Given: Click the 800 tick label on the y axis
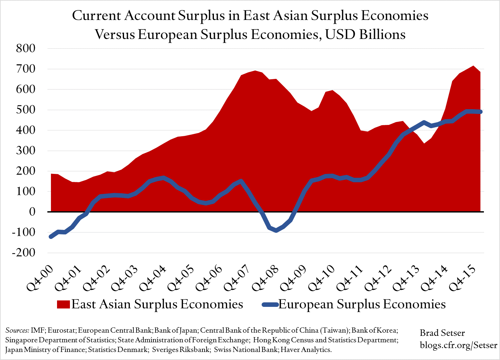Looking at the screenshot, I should tap(25, 49).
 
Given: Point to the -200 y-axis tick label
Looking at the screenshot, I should tap(24, 253).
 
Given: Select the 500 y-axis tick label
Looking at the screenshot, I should tap(25, 110).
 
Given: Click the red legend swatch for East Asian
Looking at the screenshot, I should tap(63, 304).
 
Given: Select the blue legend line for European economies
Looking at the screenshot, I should tap(270, 304).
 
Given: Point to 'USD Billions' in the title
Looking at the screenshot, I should tap(365, 34).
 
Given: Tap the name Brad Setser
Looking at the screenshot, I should tap(442, 333).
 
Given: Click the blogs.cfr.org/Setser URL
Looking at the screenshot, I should tap(458, 345).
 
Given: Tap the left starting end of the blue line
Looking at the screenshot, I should tap(51, 237).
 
